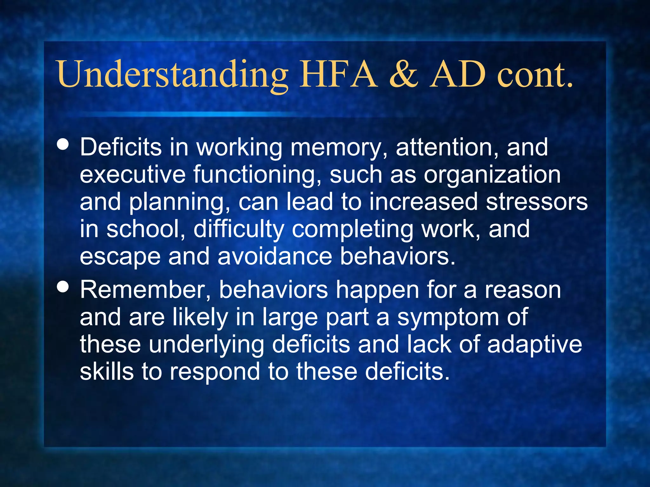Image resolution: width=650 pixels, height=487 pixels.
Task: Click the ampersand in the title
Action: click(x=404, y=75)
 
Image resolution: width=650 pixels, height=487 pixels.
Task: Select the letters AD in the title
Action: click(x=458, y=75)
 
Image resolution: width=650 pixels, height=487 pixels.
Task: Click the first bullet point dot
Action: click(x=63, y=144)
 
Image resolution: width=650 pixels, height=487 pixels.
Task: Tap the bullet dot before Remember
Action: click(x=63, y=287)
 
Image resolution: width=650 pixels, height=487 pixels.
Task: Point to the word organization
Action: click(x=492, y=175)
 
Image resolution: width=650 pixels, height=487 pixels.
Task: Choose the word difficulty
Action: click(x=239, y=230)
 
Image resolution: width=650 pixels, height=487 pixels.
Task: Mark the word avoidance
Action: click(x=275, y=256)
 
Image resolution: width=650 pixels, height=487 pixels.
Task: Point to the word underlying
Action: click(x=207, y=345)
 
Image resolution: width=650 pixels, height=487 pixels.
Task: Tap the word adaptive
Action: click(x=535, y=345)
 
